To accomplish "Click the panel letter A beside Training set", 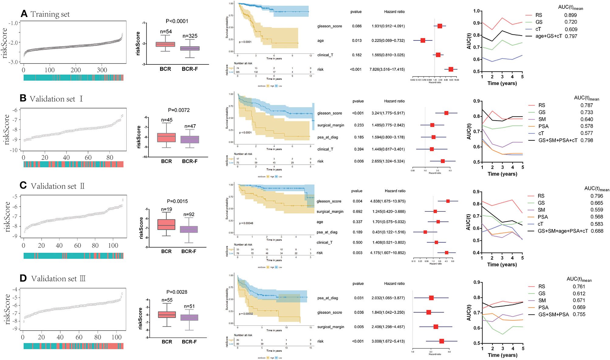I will (x=24, y=14).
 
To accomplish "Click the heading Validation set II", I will (x=57, y=186).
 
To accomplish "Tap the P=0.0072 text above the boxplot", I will (x=179, y=110).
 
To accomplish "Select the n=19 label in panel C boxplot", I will (x=166, y=209).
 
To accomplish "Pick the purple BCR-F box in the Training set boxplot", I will (x=190, y=48).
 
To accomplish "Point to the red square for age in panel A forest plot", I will (x=423, y=40).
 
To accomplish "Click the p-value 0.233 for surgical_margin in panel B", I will (x=359, y=125).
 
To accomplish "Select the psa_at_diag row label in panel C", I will (x=327, y=232).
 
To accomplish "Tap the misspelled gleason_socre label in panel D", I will (x=330, y=312).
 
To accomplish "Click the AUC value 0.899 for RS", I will (x=570, y=15).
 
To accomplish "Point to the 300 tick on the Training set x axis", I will (x=102, y=70).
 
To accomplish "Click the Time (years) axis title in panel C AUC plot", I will (x=502, y=264).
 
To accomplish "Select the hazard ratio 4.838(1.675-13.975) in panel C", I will (x=388, y=201).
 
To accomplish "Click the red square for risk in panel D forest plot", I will (x=441, y=341).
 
